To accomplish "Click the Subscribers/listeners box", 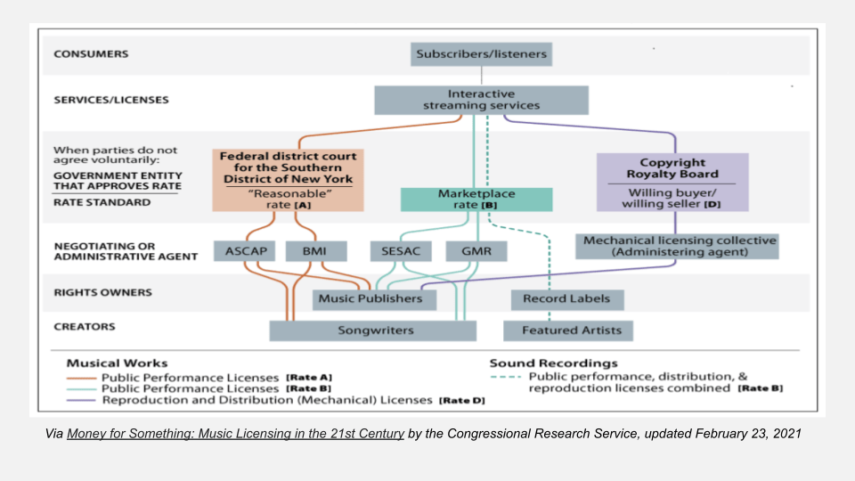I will point(482,54).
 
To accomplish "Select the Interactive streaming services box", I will point(481,100).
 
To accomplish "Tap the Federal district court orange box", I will point(288,180).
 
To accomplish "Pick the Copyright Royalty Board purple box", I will point(672,182).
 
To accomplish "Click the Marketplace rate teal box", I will point(471,200).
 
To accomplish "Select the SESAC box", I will point(398,252).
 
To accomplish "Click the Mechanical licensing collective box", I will point(677,247).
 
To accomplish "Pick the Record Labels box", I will point(567,299).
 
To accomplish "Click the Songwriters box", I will point(374,330).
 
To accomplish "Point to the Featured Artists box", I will point(568,330).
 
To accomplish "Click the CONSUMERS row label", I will point(91,54).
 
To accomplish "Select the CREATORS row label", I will point(85,327).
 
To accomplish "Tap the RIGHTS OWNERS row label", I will point(103,292).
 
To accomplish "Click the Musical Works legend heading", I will point(117,363).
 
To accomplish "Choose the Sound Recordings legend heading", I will point(553,363).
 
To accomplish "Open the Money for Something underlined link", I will point(236,435).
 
